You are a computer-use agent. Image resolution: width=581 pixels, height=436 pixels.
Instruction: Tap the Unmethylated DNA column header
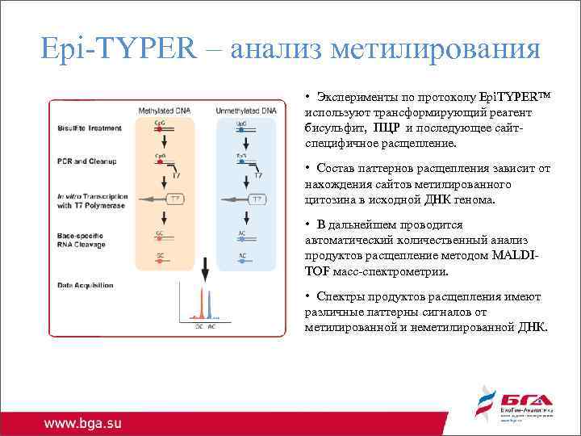[x=245, y=109]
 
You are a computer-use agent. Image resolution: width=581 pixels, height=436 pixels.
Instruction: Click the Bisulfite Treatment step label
[x=90, y=128]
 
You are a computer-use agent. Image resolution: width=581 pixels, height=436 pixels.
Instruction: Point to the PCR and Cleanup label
[x=87, y=161]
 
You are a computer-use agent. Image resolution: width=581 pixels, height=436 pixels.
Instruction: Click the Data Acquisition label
[x=86, y=285]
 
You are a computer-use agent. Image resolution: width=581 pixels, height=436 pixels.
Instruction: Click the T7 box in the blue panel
[x=256, y=199]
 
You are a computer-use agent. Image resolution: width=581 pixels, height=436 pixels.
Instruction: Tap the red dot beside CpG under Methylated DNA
[x=160, y=128]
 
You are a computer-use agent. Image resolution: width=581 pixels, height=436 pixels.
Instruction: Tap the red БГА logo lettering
[x=525, y=399]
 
